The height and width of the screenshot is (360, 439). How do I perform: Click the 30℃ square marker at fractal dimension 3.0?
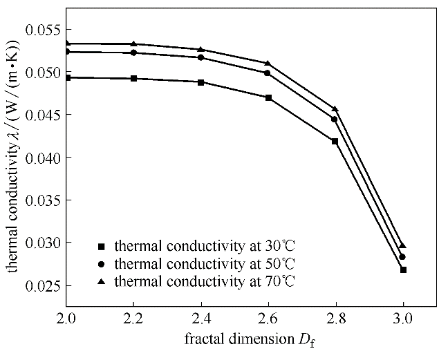(x=403, y=269)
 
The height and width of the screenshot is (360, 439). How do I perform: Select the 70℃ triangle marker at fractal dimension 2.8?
(x=335, y=109)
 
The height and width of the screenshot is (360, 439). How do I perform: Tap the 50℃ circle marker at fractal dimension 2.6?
(x=268, y=73)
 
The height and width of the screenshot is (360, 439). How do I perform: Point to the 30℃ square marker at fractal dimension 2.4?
(x=200, y=82)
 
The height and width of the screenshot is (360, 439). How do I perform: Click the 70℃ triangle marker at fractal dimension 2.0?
(x=66, y=44)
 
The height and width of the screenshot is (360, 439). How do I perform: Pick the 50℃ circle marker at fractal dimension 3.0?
(x=403, y=257)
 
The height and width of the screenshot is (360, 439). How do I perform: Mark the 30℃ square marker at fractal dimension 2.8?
(x=335, y=141)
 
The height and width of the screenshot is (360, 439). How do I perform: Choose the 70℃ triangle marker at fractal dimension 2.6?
(x=268, y=64)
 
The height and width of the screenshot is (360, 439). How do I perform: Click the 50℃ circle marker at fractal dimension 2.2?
(x=133, y=53)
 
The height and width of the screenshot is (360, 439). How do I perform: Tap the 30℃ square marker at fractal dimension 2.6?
(x=268, y=97)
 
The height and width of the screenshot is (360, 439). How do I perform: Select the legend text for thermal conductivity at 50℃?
(x=205, y=263)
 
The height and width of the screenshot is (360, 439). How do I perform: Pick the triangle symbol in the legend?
(x=101, y=281)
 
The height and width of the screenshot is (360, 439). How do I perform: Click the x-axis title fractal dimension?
(x=235, y=341)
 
